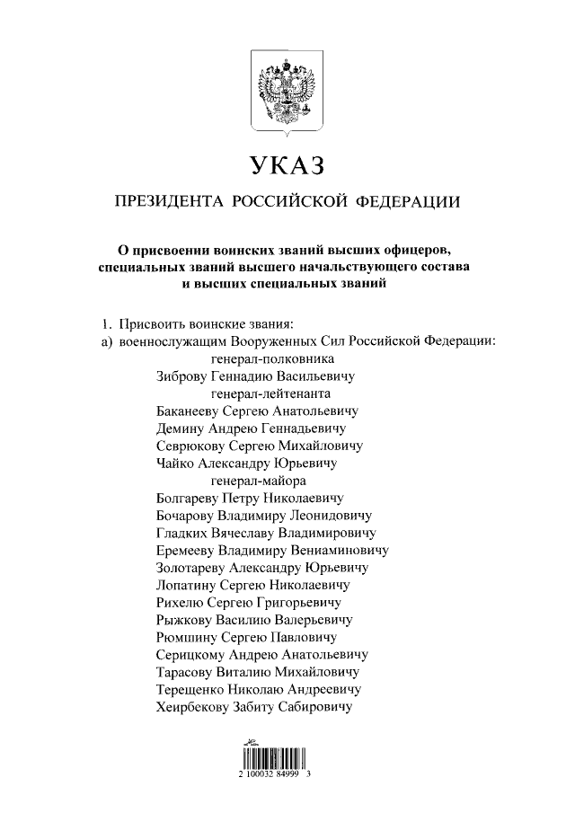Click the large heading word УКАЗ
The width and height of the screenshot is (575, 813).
coord(287,166)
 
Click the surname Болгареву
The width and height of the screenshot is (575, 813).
coord(190,498)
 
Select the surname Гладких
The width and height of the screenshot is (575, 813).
coord(183,533)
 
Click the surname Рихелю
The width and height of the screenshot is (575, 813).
coord(180,602)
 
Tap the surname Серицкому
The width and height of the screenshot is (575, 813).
coord(190,655)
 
